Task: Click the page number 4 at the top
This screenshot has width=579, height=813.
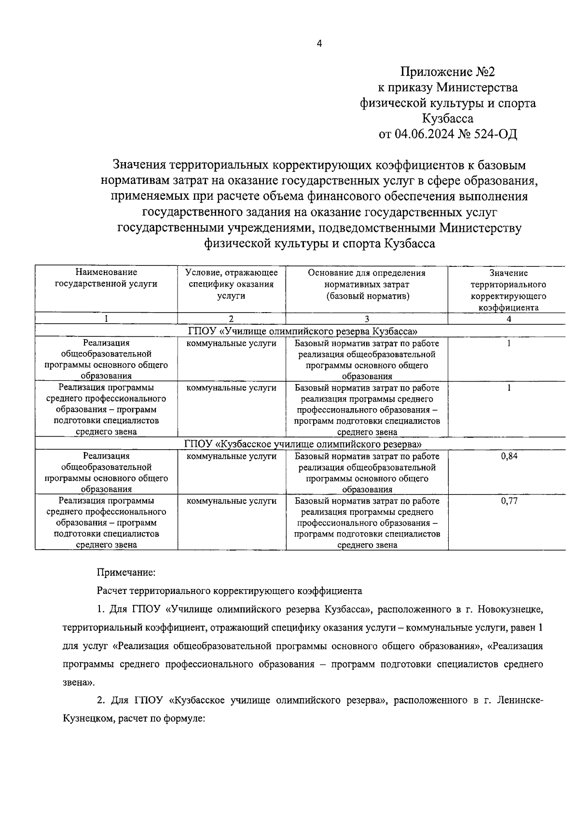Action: coord(318,43)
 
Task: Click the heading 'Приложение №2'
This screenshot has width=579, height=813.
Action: coord(447,72)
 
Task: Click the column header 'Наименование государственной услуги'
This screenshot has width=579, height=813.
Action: coord(106,278)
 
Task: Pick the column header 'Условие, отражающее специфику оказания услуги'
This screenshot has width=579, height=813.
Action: coord(231,284)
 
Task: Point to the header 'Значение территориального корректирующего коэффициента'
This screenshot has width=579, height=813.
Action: coord(508,290)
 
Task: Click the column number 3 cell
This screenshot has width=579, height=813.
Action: coord(367,318)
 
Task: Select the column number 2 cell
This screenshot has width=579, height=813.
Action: coord(231,318)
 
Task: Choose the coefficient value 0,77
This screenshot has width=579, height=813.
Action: coord(509,501)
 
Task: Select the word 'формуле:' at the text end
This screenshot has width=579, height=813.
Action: coord(186,718)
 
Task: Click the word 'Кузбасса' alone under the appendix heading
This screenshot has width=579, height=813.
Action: coord(447,118)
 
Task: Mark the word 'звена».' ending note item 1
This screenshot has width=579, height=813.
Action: coord(79,683)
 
